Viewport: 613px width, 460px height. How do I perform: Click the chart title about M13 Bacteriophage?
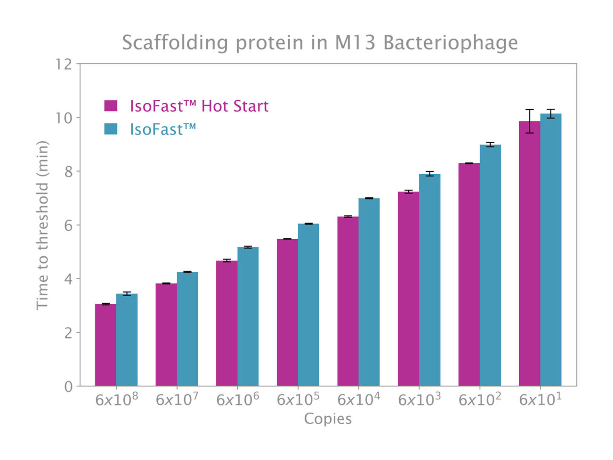320,42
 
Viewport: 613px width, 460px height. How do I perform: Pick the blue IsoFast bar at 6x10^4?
369,292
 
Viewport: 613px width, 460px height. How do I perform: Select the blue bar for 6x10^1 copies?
550,250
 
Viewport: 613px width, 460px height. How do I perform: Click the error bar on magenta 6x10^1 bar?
530,121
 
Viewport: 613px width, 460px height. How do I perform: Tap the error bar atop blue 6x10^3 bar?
429,174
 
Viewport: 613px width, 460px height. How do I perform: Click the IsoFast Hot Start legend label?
199,106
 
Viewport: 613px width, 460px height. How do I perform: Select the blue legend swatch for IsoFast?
111,129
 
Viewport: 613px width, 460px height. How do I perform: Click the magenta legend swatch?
111,105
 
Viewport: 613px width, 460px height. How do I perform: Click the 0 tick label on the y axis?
68,387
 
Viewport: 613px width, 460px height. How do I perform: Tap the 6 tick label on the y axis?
68,226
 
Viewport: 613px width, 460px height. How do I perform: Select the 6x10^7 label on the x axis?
177,399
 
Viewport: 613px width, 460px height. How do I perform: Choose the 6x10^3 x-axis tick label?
419,399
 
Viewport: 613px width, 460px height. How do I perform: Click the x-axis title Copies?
328,419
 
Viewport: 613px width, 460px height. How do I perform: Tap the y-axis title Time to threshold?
42,225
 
